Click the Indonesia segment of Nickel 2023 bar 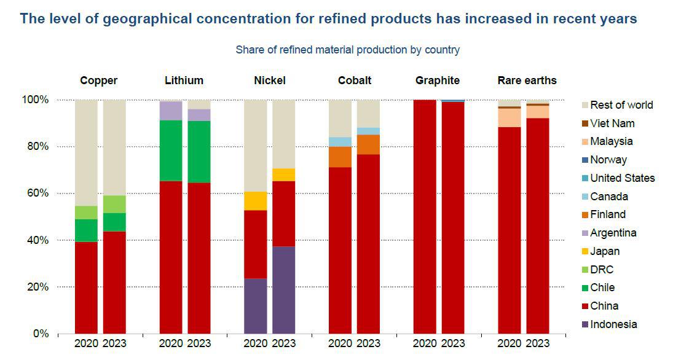[x=283, y=289]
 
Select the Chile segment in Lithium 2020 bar [x=171, y=151]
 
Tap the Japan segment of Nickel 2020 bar [x=255, y=201]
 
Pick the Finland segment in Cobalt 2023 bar [x=368, y=144]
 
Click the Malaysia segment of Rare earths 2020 [x=509, y=117]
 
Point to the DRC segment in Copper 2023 [x=114, y=204]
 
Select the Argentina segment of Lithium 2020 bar [x=171, y=111]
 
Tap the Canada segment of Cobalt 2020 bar [x=340, y=142]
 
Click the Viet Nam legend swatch [x=584, y=123]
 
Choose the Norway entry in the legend [x=608, y=160]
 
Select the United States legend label [x=622, y=178]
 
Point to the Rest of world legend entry [x=621, y=105]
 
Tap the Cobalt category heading [x=355, y=80]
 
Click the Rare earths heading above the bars [x=527, y=80]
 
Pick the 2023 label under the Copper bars [x=114, y=343]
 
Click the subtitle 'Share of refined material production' [x=347, y=50]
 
